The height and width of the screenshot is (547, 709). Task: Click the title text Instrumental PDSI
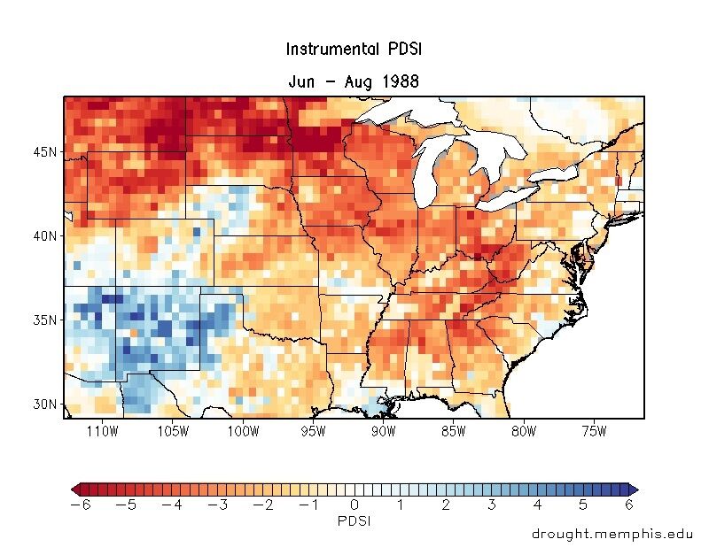click(x=354, y=50)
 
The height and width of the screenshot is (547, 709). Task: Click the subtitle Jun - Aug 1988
click(x=354, y=81)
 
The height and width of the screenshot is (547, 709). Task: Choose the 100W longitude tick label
click(x=243, y=431)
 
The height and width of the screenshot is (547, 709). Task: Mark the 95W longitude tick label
click(x=313, y=431)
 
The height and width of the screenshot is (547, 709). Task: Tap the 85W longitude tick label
click(x=453, y=431)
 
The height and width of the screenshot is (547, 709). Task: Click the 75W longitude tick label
click(x=593, y=431)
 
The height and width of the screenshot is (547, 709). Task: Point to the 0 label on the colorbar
click(x=354, y=505)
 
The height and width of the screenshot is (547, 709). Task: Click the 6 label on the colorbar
click(x=629, y=505)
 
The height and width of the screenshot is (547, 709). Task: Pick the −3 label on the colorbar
click(x=217, y=505)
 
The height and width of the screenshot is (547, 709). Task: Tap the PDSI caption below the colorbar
click(x=354, y=521)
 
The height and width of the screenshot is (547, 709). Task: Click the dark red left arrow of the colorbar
click(x=74, y=489)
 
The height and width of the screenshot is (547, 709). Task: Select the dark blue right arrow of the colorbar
click(x=634, y=489)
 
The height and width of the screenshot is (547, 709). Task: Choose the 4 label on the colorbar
click(x=538, y=505)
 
